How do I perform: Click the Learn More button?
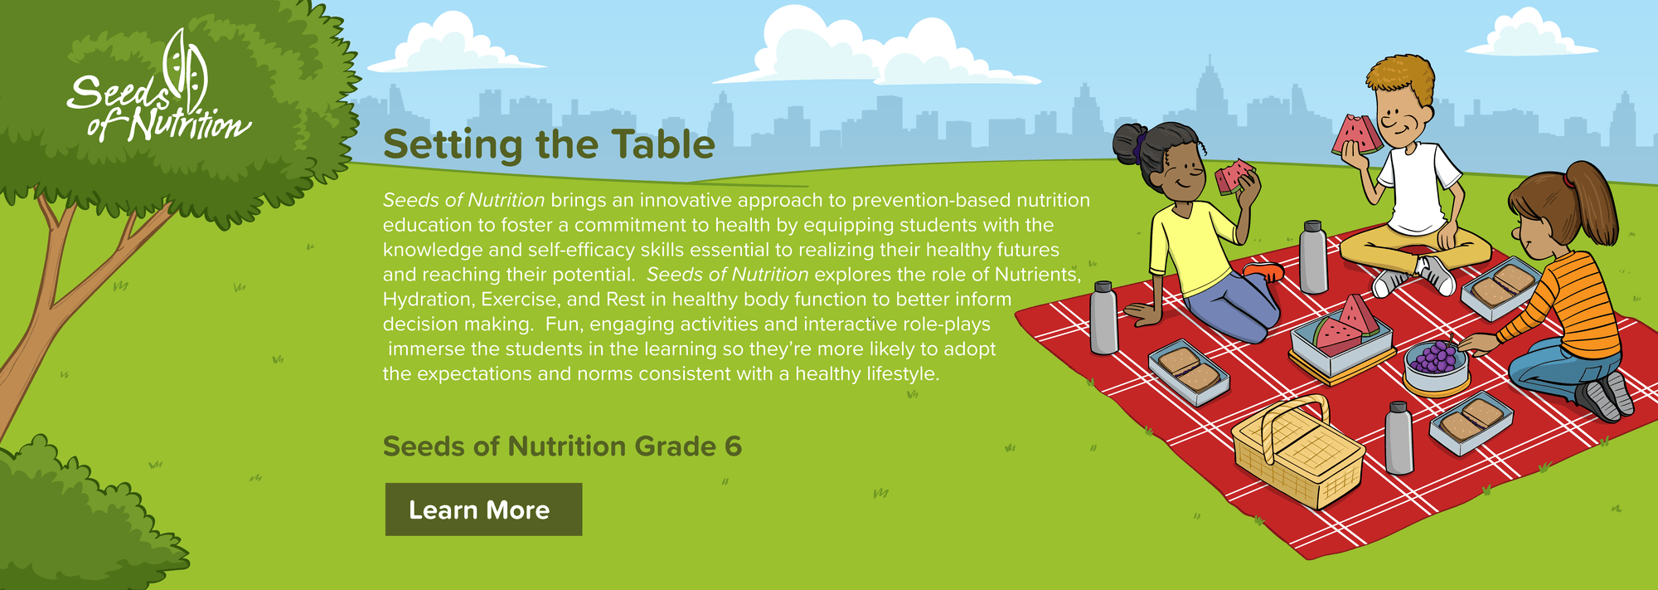[483, 510]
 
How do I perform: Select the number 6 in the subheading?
[733, 446]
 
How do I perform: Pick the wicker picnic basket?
[1297, 452]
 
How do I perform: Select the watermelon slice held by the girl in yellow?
[1234, 176]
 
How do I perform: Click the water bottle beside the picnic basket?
[1399, 437]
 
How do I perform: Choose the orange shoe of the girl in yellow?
[1263, 271]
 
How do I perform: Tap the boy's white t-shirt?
[1418, 188]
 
